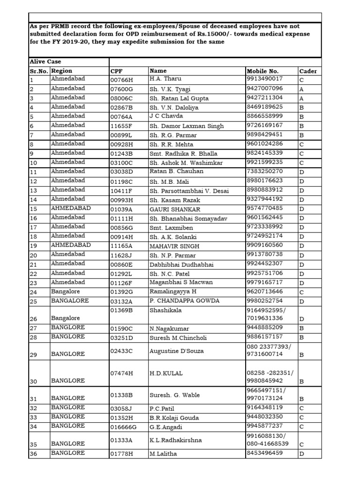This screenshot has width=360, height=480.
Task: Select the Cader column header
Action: [307, 71]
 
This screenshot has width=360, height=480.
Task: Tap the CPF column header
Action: [116, 71]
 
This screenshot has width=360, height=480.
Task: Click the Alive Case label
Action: [45, 62]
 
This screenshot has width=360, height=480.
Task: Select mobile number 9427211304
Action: [264, 97]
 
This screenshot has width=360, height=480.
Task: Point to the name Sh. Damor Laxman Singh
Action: [186, 126]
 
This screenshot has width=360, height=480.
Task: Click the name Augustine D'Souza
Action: [176, 351]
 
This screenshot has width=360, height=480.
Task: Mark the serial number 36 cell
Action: [34, 453]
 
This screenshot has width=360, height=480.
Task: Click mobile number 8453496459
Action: [264, 453]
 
